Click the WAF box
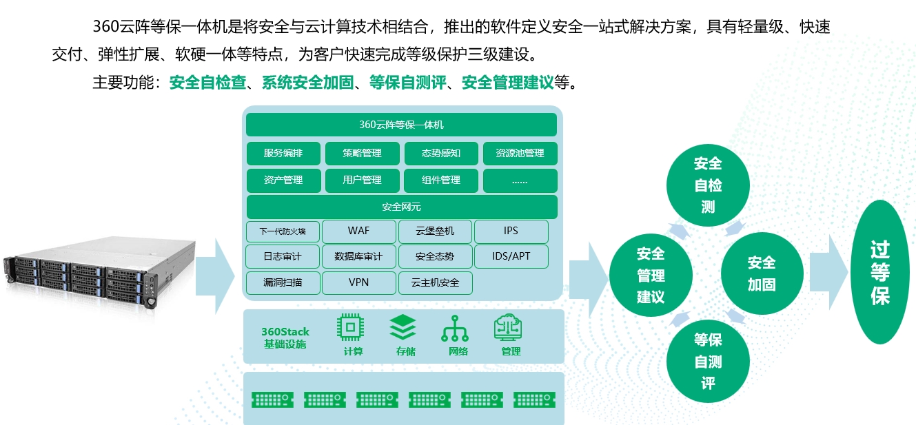click(358, 231)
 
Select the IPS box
click(511, 231)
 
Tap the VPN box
click(358, 283)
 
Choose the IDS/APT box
click(511, 256)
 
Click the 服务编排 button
click(283, 153)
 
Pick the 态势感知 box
click(441, 153)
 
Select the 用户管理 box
click(362, 180)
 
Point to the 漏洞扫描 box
click(283, 283)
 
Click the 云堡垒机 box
click(435, 231)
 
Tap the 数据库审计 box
click(358, 256)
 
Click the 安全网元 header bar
click(402, 207)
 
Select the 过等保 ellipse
click(880, 272)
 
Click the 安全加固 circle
click(762, 273)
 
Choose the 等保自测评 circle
click(708, 362)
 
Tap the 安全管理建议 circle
click(651, 275)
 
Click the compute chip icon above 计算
click(350, 327)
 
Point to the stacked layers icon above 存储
click(403, 327)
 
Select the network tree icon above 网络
click(455, 328)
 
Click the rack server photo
click(100, 273)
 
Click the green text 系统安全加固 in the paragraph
click(307, 83)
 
